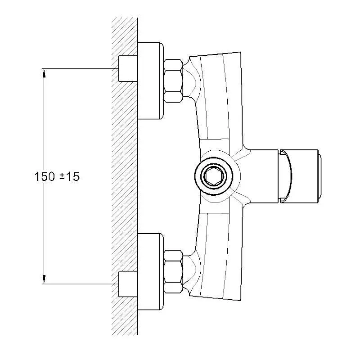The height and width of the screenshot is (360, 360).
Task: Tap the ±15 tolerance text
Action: pos(69,176)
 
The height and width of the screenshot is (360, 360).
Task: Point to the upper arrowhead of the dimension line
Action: pos(44,73)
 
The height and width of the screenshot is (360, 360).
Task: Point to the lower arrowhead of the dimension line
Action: pos(44,279)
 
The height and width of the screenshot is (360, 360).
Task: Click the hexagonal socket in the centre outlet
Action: pos(214,176)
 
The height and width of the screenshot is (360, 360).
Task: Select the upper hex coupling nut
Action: pos(173,81)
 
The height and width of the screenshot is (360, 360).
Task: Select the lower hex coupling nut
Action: pos(173,272)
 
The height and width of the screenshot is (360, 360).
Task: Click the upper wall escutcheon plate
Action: pos(150,81)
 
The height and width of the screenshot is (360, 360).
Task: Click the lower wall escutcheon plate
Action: pos(150,272)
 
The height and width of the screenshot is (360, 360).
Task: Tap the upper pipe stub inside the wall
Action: pos(128,68)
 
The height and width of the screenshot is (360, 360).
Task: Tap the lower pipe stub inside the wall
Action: pos(128,284)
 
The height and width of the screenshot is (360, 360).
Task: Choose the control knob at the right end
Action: pos(298,176)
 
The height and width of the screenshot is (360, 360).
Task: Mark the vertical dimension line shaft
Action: pos(44,176)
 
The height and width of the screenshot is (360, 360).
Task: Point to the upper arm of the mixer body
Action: pos(218,96)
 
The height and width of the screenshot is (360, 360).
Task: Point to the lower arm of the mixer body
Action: pos(218,256)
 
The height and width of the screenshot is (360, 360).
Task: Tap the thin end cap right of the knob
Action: pos(320,176)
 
